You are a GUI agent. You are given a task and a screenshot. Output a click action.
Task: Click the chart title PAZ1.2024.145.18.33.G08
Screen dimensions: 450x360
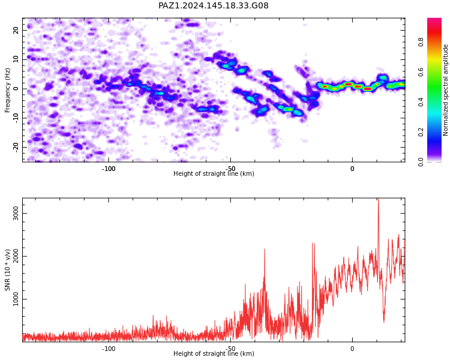pos(213,5)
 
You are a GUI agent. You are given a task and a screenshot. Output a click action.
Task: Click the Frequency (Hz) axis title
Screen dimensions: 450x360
pos(7,90)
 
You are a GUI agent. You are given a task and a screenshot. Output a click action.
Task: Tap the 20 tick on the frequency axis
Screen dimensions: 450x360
pos(16,30)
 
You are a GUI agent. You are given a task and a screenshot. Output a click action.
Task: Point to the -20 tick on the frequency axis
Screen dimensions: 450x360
pos(16,147)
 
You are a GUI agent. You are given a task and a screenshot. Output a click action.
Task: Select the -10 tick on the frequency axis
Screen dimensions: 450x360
pos(16,118)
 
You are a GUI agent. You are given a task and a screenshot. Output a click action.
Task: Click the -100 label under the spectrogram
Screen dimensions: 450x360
pos(109,169)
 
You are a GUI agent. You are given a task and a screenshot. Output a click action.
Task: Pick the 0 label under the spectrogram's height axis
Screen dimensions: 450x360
pos(352,169)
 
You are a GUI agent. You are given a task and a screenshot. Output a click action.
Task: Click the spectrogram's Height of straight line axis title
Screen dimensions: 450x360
pos(214,173)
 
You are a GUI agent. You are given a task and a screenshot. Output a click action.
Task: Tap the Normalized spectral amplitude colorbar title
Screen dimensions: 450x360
pos(445,90)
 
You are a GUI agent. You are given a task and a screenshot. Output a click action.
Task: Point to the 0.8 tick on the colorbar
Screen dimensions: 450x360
pos(421,42)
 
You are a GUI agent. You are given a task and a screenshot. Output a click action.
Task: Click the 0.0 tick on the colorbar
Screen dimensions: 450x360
pos(421,162)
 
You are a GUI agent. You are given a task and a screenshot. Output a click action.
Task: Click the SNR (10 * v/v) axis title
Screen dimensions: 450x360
pos(7,270)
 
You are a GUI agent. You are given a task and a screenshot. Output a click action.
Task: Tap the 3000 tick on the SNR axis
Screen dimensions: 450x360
pos(16,214)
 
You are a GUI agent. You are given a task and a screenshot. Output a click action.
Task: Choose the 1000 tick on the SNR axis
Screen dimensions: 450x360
pos(16,299)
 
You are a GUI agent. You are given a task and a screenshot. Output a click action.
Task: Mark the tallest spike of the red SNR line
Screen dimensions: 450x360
pos(378,199)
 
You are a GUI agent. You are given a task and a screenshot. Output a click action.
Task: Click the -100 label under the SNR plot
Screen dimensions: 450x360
pos(109,349)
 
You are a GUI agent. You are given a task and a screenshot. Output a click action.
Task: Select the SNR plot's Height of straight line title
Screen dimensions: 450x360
pos(214,353)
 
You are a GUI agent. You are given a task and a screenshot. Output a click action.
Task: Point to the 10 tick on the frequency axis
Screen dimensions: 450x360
pos(16,59)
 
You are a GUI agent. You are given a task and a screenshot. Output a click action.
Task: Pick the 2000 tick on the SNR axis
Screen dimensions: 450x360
pos(16,256)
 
